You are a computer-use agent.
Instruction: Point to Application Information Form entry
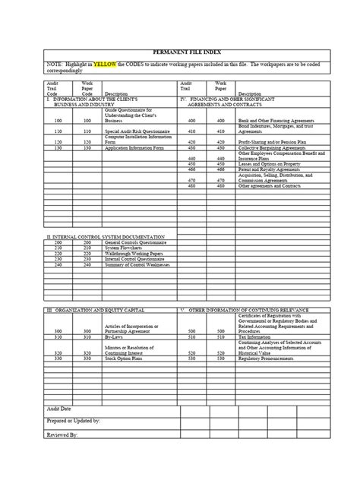[x=132, y=149]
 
